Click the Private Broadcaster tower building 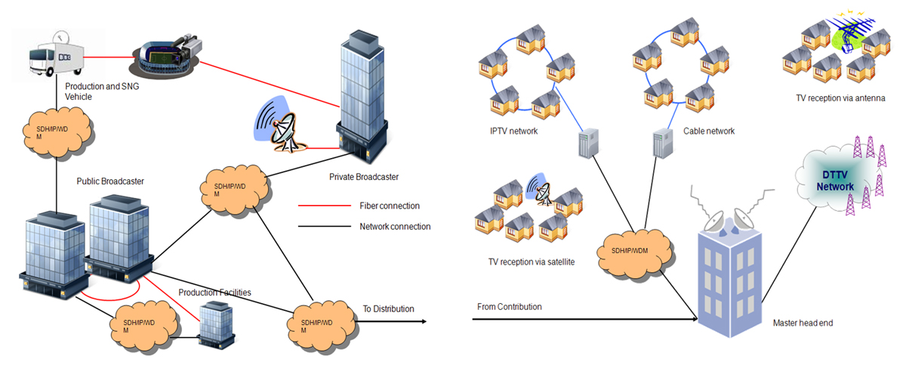pos(362,98)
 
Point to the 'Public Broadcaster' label pos(110,181)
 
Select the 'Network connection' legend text pos(395,226)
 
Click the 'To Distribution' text pos(388,308)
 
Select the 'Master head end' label pos(803,323)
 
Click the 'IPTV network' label pos(513,132)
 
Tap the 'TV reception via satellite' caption pos(532,262)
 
